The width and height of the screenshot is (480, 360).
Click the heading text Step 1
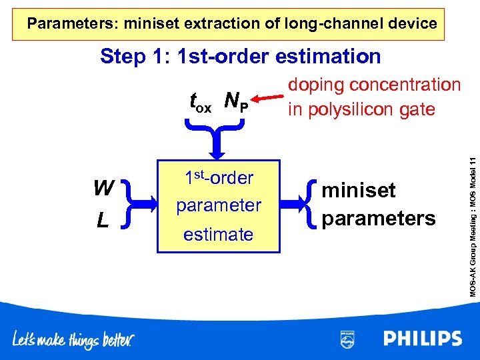click(136, 57)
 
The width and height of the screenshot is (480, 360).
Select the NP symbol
click(236, 101)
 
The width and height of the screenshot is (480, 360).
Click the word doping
click(317, 85)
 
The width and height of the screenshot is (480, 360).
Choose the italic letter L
click(103, 219)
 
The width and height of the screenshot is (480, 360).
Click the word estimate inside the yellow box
click(219, 235)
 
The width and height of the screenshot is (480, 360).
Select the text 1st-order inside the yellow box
click(219, 178)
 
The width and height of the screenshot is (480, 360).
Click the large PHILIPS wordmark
click(423, 339)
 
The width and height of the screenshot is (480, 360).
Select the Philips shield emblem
click(347, 339)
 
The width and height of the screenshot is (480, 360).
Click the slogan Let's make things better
click(73, 340)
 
